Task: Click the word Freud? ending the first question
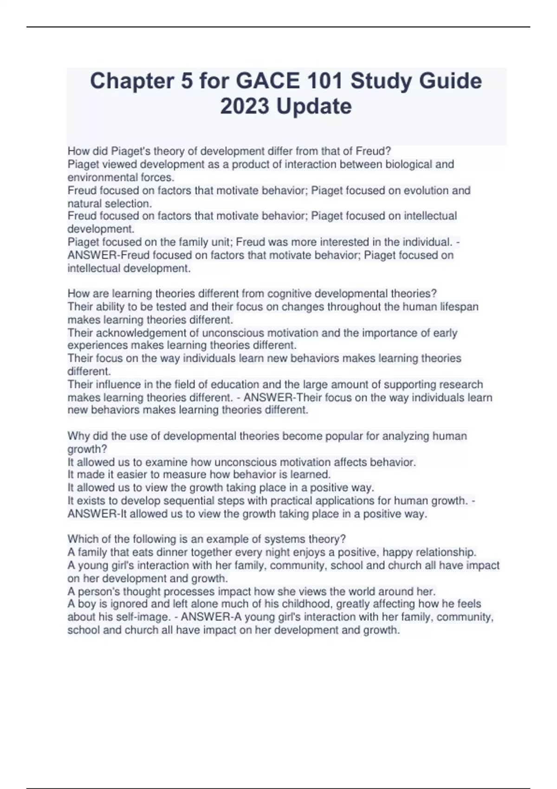click(x=373, y=151)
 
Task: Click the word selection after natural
click(x=128, y=203)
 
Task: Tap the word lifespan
click(x=457, y=307)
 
